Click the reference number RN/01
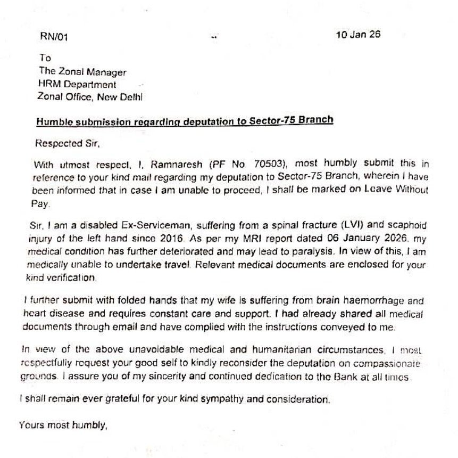click(x=54, y=37)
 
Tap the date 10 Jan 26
click(x=357, y=35)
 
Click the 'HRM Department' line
click(x=77, y=84)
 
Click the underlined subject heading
click(x=185, y=120)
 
